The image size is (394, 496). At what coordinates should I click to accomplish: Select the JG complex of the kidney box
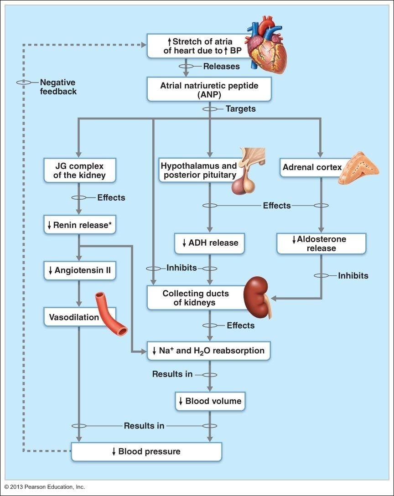[80, 170]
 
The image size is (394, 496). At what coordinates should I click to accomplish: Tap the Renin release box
[80, 224]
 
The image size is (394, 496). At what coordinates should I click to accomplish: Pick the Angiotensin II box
[80, 270]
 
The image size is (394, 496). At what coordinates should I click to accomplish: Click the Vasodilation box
[73, 317]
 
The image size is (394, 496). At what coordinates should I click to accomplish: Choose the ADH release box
[209, 243]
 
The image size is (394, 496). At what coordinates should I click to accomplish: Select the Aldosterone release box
[321, 243]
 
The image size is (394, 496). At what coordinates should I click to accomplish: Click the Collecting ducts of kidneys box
[196, 298]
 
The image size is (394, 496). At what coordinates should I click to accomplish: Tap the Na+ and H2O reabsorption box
[208, 351]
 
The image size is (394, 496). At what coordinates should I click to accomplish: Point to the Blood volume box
[209, 401]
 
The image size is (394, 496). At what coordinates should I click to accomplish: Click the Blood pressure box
[146, 451]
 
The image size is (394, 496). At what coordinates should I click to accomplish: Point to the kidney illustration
[258, 299]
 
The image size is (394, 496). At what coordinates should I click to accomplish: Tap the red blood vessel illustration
[111, 315]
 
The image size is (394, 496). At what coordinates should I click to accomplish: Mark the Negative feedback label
[58, 87]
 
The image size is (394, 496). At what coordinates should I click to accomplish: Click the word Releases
[221, 67]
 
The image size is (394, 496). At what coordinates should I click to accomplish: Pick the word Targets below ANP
[240, 109]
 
